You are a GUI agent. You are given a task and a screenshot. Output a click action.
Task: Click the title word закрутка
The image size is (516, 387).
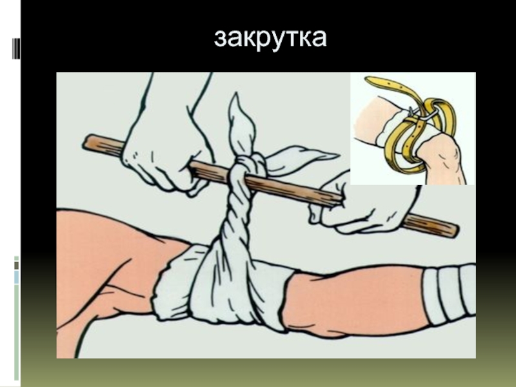pos(270,39)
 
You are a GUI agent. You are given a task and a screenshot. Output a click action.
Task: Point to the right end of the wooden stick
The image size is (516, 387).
pos(457,230)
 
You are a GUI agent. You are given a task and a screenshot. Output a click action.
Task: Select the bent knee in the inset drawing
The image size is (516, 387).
pos(442,158)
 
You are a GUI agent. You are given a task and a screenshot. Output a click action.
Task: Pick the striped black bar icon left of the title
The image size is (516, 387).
pos(16,48)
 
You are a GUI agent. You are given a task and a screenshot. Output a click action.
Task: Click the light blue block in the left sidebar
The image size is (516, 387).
pos(17,277)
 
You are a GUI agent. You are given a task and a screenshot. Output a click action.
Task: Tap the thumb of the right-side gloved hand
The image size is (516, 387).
pos(316,214)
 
